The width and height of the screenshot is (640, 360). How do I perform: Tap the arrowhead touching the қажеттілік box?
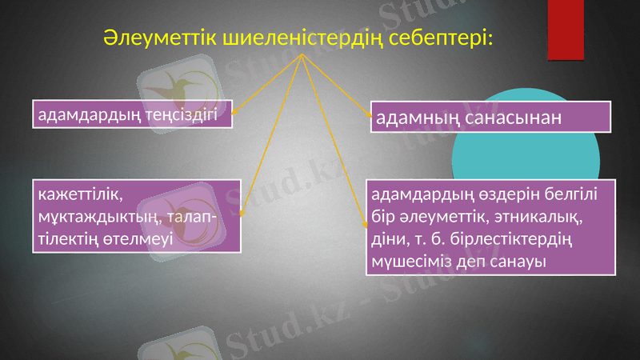click(242, 214)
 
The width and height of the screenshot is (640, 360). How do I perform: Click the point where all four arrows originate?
click(302, 57)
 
